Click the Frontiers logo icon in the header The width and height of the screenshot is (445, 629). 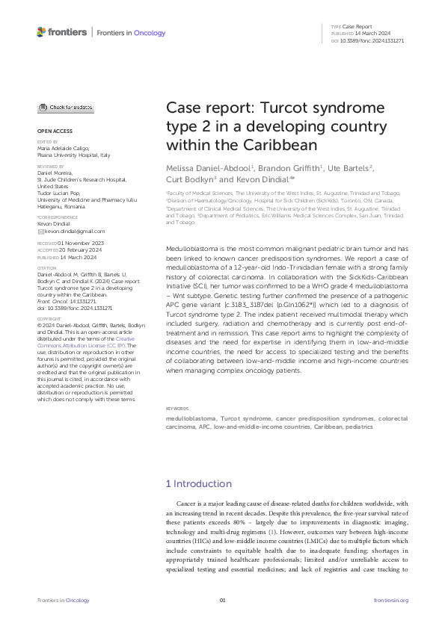[41, 32]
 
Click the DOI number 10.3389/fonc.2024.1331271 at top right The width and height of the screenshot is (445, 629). [372, 40]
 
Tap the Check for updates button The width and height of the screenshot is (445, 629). [66, 108]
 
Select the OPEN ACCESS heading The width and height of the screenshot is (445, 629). [50, 131]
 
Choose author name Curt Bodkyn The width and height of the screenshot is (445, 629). [189, 179]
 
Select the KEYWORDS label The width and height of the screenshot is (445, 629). [177, 409]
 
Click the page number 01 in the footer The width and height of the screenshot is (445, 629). [222, 601]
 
